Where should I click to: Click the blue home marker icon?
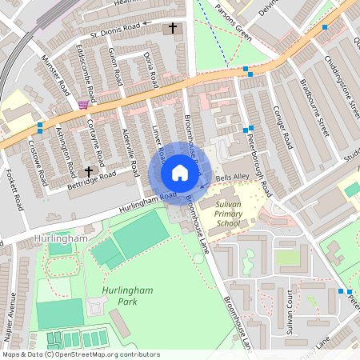coord(180,173)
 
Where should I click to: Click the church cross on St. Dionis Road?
coord(172,29)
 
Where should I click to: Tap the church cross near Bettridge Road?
coord(89,171)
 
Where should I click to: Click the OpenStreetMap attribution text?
coord(81,354)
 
